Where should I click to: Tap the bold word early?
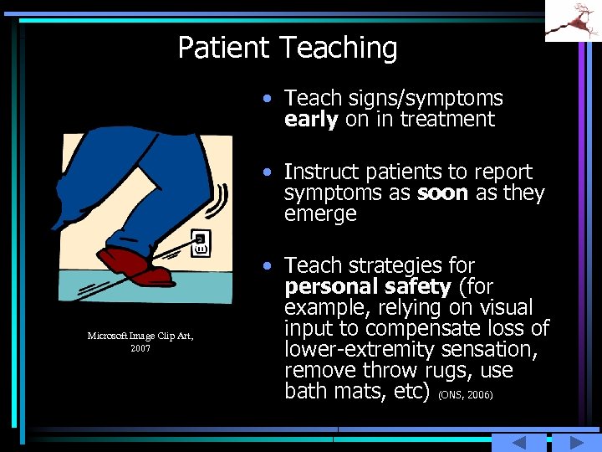coord(311,120)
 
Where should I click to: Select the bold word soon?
coord(441,193)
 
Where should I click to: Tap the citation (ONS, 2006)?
coord(465,393)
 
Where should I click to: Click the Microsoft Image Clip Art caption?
coord(140,342)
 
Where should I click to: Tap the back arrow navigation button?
coord(518,443)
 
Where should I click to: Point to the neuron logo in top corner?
coord(573,20)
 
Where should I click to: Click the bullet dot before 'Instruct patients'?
coord(265,172)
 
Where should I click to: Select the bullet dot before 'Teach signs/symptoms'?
coord(265,99)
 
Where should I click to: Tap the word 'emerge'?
coord(320,214)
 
